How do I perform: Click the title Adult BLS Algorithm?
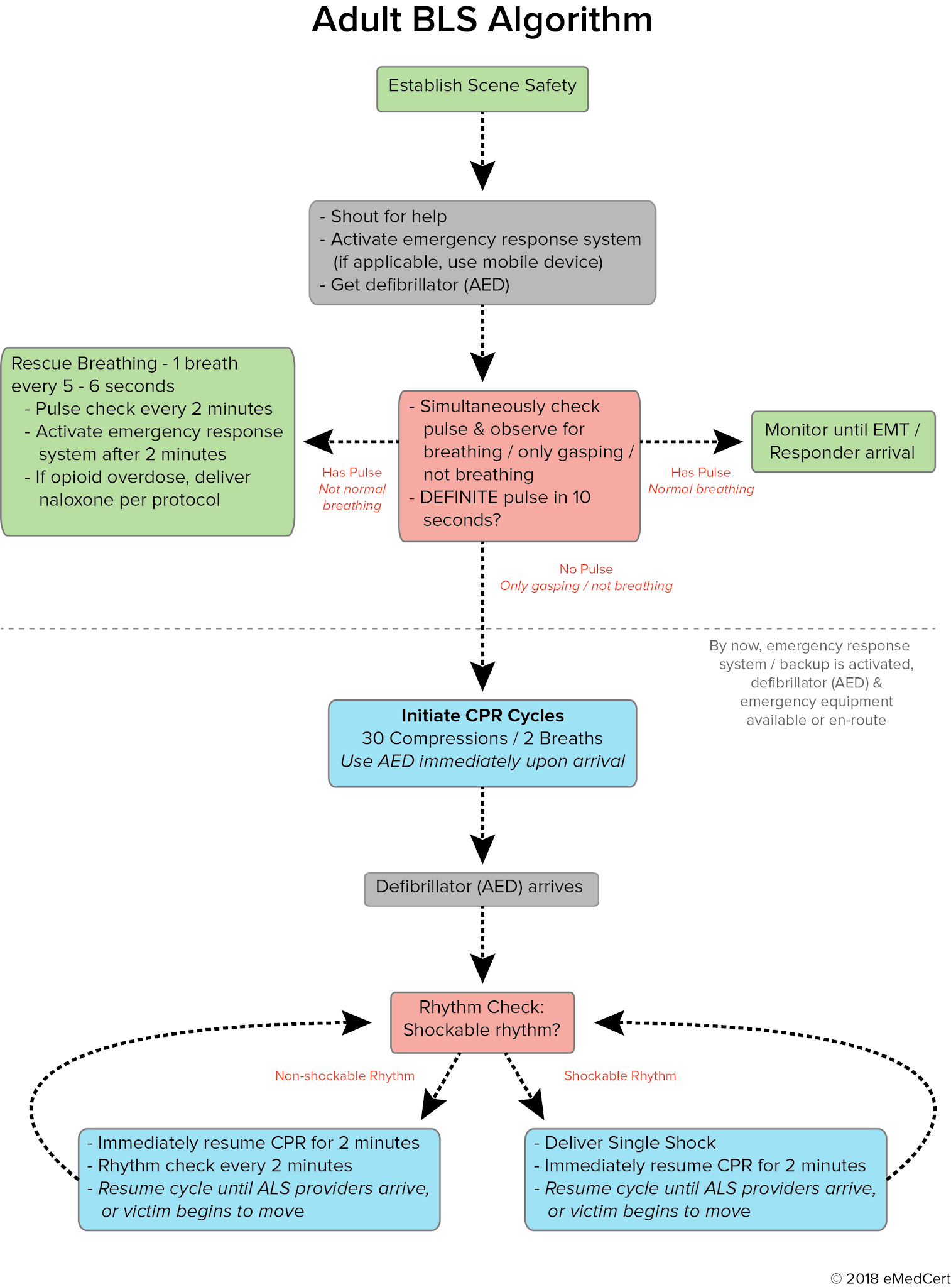[482, 20]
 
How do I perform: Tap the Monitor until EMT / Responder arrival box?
[842, 441]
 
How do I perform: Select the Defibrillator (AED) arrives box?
[481, 888]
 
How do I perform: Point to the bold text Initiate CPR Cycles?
[482, 716]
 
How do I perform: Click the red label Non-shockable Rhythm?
[344, 1075]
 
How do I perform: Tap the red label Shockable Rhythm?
[619, 1075]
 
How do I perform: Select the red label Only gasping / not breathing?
[585, 586]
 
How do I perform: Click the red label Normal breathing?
[700, 489]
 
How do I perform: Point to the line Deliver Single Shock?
[629, 1142]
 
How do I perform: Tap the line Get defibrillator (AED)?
[419, 285]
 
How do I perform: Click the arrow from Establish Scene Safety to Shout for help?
[482, 151]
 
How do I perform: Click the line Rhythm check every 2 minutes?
[224, 1165]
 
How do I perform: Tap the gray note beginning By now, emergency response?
[815, 682]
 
